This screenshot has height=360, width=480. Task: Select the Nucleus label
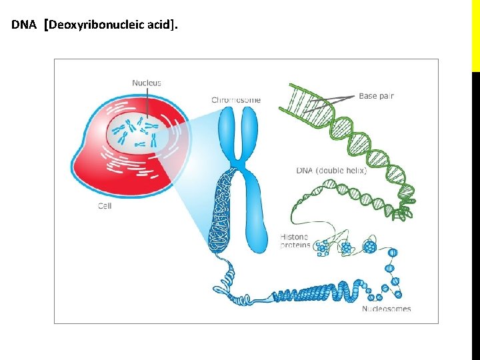pos(147,83)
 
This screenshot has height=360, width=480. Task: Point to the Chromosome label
pos(236,100)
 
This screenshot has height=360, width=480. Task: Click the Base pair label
pos(376,96)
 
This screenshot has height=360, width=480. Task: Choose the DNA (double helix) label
pos(331,171)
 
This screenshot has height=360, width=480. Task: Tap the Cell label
pos(105,206)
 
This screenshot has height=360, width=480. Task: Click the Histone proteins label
pos(294,241)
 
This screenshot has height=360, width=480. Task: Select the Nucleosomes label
pos(387,309)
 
